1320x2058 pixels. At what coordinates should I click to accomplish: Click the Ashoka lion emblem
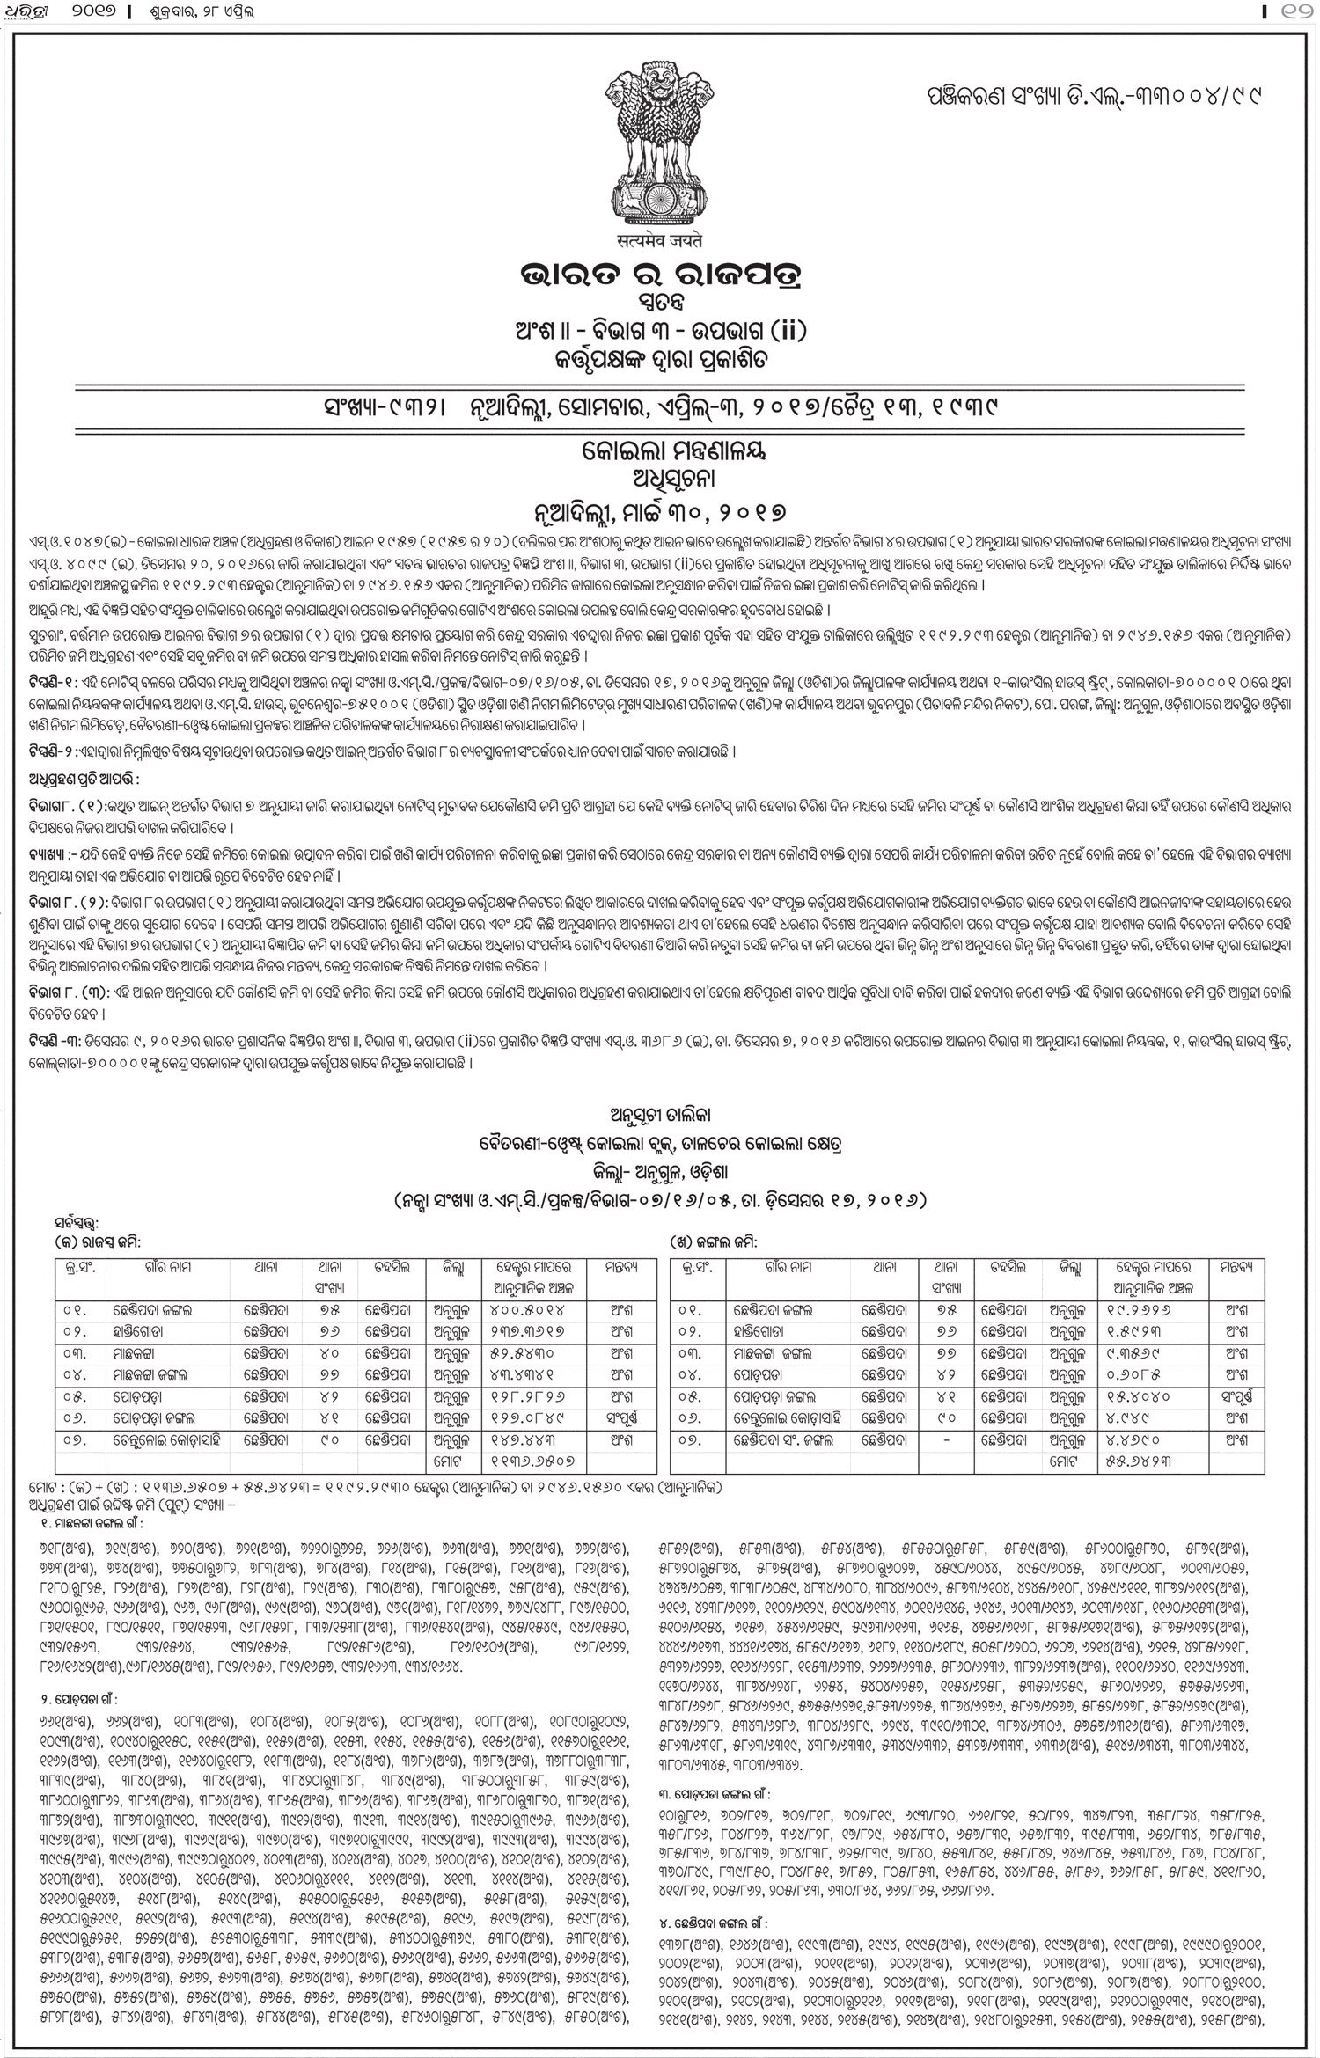pos(657,146)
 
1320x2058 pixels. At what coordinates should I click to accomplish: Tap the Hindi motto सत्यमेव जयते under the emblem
pos(658,238)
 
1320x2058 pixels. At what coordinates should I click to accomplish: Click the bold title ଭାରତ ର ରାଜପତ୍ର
pos(659,273)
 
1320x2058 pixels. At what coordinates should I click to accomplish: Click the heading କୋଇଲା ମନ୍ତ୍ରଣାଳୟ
pos(659,452)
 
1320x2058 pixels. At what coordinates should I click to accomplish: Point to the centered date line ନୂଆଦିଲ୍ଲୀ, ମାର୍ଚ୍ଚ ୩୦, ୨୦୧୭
pos(659,511)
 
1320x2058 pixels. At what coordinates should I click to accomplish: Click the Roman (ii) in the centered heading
pos(786,332)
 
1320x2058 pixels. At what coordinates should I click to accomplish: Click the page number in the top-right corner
pos(1299,12)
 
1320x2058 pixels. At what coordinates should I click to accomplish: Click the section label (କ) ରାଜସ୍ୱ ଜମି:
pos(98,1241)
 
